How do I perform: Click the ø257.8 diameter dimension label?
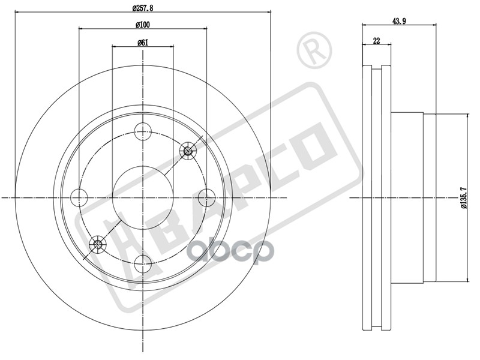[143, 8]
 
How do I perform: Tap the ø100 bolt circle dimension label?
[143, 25]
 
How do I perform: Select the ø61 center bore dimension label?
[143, 43]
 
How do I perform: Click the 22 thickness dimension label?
[377, 40]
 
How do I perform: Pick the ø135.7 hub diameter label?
[463, 197]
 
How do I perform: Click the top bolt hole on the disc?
[143, 131]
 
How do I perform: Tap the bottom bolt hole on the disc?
[143, 264]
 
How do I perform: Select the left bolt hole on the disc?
[79, 197]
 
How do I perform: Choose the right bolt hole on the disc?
[207, 197]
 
